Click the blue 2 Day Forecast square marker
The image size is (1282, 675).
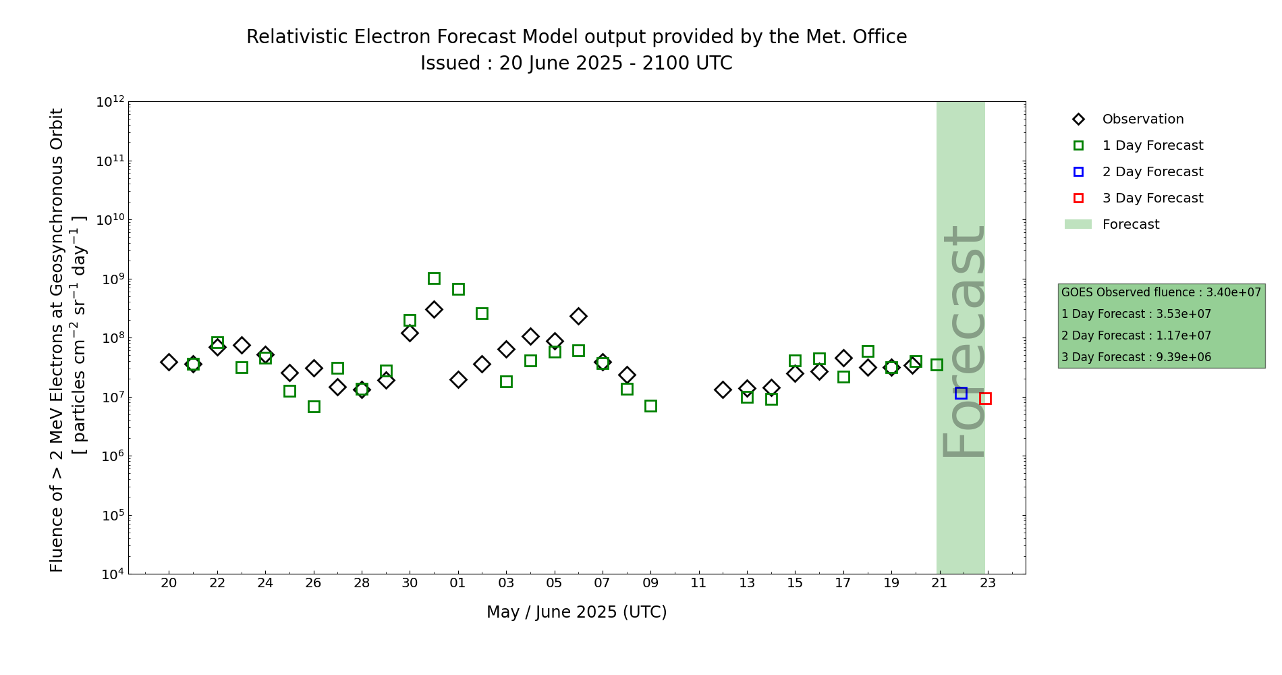click(961, 393)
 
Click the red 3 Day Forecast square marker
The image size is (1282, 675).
click(985, 398)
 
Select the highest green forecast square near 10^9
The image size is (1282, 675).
click(434, 278)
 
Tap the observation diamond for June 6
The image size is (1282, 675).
click(578, 316)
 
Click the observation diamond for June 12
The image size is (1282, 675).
click(723, 389)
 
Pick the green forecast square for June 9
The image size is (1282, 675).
click(650, 406)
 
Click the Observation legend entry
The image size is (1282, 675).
click(1142, 119)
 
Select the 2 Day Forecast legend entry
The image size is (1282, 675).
click(1152, 172)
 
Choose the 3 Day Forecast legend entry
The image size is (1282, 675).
click(1152, 198)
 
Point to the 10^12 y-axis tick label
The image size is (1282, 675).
click(110, 102)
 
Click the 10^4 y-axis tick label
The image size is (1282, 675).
click(110, 574)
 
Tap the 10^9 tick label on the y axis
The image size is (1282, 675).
click(110, 279)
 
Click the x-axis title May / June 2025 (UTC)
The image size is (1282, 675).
click(576, 612)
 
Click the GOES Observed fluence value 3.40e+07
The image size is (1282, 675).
click(1233, 293)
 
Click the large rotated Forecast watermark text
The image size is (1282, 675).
click(964, 341)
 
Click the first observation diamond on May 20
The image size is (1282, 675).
click(169, 362)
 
